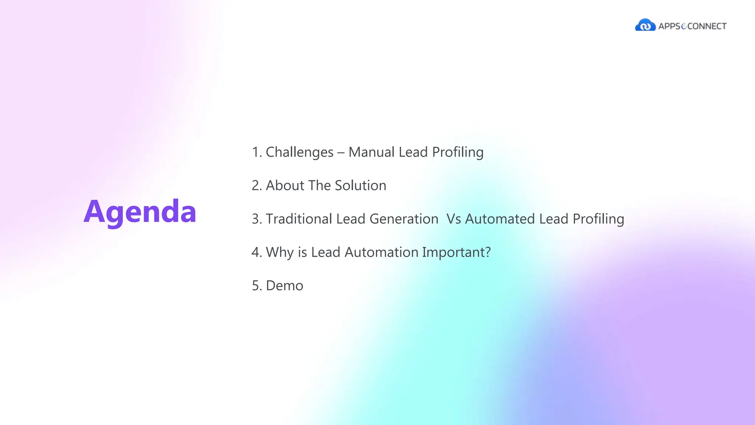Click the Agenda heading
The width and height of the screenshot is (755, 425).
(x=140, y=212)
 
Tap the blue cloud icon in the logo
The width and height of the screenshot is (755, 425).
(x=645, y=25)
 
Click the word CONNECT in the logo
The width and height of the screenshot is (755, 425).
(x=707, y=26)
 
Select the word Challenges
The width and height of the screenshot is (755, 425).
(x=299, y=152)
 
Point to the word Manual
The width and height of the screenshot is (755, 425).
(x=370, y=152)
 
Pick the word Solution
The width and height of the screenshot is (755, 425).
(x=360, y=186)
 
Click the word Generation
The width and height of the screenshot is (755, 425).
(x=404, y=219)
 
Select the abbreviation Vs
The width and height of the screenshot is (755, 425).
(x=453, y=219)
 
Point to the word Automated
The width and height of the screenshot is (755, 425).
(x=500, y=219)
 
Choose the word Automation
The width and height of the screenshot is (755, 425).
(x=381, y=252)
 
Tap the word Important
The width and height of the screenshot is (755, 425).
(x=452, y=252)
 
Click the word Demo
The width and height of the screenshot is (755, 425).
(x=284, y=286)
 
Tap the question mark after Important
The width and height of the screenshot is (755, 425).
(x=487, y=252)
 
